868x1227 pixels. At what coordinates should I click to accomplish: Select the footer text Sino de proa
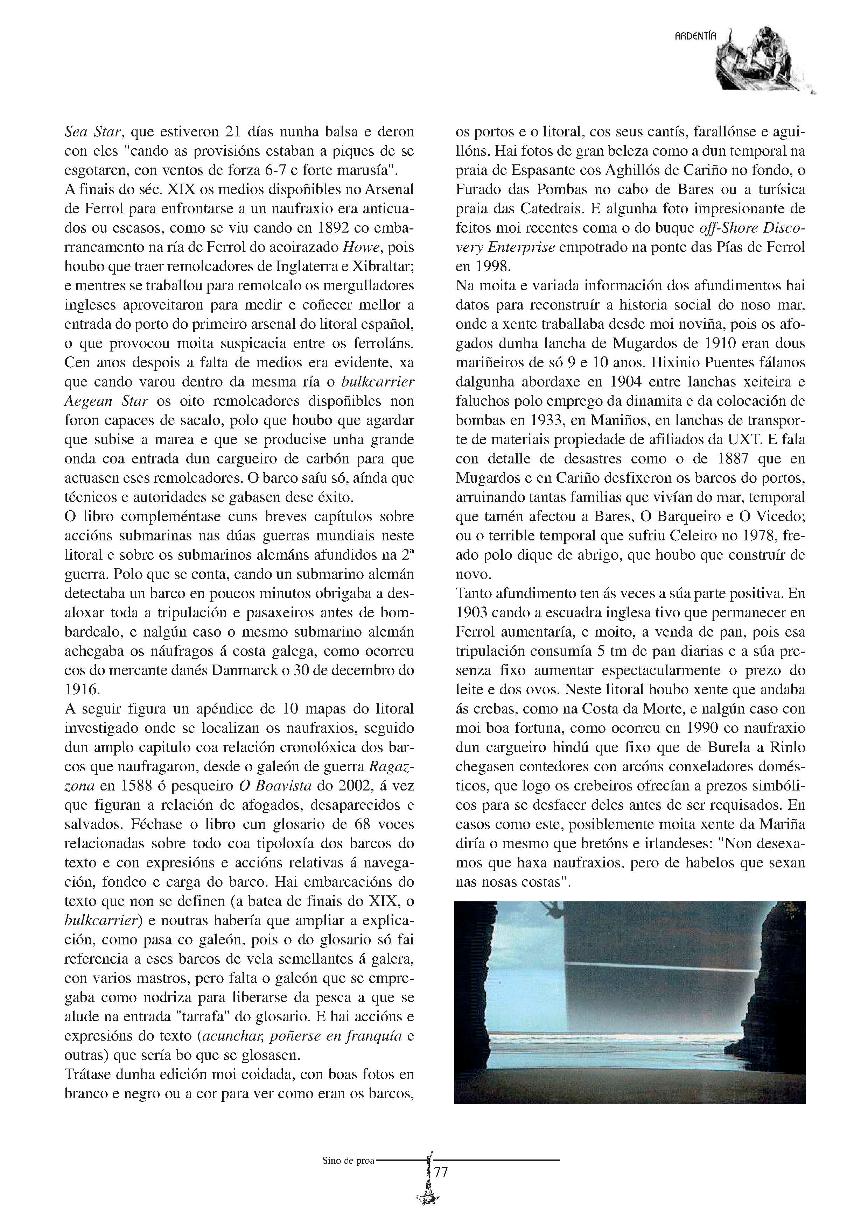click(349, 1160)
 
